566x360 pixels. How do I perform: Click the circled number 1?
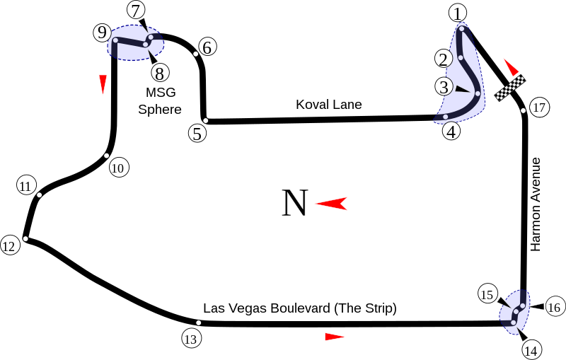[458, 13]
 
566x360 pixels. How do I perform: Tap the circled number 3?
[444, 87]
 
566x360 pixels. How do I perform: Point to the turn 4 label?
[451, 131]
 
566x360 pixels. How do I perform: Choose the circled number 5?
[197, 133]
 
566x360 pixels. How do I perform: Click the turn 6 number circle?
[207, 47]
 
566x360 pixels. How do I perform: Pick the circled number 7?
[137, 10]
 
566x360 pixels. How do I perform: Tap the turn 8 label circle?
[160, 72]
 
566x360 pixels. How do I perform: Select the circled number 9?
[102, 33]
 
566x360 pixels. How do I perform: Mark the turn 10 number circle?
[118, 168]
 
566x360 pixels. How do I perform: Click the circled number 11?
[26, 186]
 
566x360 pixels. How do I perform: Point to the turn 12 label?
[9, 246]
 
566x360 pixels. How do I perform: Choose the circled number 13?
[190, 339]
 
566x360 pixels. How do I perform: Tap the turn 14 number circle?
[531, 349]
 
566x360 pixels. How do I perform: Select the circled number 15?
[487, 295]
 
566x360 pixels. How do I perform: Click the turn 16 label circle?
[554, 307]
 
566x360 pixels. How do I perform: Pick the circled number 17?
[539, 108]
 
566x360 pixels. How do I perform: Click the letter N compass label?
[294, 204]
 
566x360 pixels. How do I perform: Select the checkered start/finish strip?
[511, 88]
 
